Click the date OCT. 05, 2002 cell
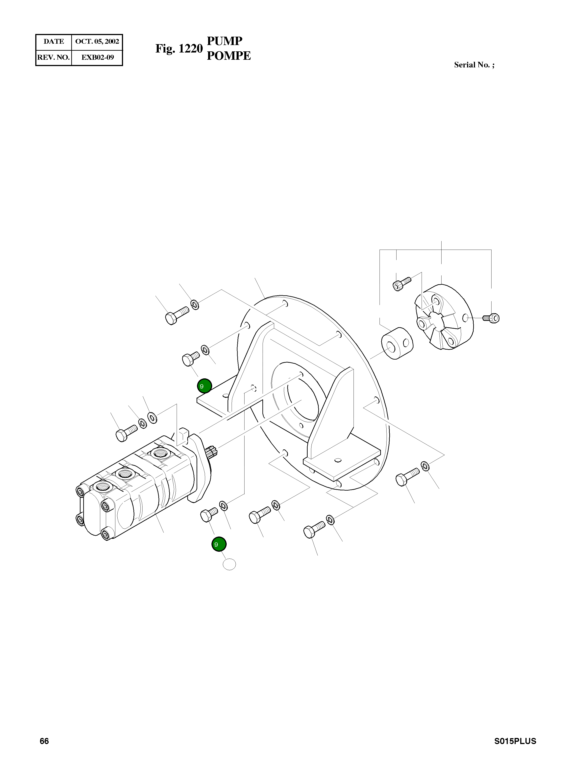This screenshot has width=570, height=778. (97, 41)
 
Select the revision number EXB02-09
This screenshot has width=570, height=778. (97, 57)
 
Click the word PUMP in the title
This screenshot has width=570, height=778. (225, 41)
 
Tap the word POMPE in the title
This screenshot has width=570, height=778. (229, 56)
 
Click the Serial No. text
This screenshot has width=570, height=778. (474, 65)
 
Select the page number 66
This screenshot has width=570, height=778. (44, 741)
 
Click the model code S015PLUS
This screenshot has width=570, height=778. (515, 741)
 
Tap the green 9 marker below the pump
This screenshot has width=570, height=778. (219, 544)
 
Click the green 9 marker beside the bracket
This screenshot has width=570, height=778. (204, 386)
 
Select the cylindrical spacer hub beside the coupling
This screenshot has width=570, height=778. (397, 344)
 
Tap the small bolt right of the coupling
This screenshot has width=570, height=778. (492, 317)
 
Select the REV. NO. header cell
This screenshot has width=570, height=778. (53, 57)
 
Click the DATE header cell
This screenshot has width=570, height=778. (53, 41)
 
